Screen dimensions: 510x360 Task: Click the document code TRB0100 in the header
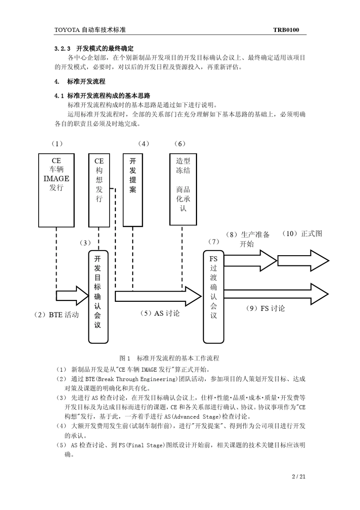tap(286, 30)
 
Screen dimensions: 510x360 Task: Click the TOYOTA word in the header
tap(65, 30)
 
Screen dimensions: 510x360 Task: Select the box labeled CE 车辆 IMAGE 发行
tap(56, 190)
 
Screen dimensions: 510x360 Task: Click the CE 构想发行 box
tap(99, 190)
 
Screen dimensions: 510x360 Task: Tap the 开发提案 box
tap(133, 190)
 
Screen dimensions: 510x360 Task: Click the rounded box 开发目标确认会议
tap(98, 297)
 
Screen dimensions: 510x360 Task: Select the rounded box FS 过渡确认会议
tap(213, 297)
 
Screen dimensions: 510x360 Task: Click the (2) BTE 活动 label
tap(56, 315)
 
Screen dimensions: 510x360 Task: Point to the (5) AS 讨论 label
tap(160, 313)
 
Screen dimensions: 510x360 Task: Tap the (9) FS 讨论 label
tap(265, 308)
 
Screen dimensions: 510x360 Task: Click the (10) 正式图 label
tap(302, 234)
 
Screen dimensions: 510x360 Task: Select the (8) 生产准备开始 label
tap(248, 239)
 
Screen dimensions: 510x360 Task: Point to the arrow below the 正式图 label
tap(303, 260)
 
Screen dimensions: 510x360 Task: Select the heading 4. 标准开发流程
tap(80, 82)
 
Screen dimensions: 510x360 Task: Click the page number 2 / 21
tap(299, 477)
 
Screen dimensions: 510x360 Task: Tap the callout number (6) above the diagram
tap(180, 144)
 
